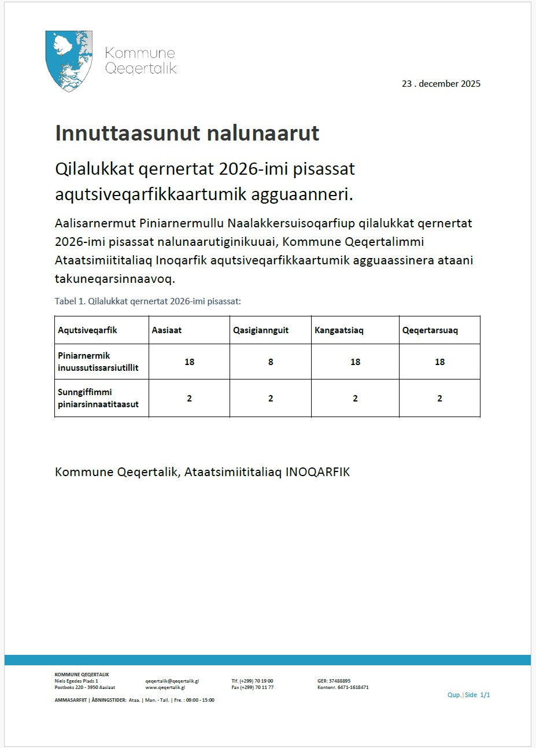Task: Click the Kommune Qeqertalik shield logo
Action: (69, 61)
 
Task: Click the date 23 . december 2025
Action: (441, 83)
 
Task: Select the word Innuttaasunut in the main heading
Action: (117, 133)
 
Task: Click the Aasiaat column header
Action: (167, 330)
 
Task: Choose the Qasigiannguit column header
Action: (261, 330)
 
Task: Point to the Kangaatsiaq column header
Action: (339, 330)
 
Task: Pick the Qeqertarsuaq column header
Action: (430, 330)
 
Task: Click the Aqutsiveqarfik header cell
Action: (87, 330)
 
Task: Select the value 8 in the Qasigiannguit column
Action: (271, 362)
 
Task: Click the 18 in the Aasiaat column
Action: (189, 362)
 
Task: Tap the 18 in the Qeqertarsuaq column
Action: (439, 362)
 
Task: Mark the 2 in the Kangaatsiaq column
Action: (355, 399)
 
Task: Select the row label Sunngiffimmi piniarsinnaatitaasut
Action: (98, 398)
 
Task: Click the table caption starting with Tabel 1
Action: (147, 301)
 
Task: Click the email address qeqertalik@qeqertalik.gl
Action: (172, 681)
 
